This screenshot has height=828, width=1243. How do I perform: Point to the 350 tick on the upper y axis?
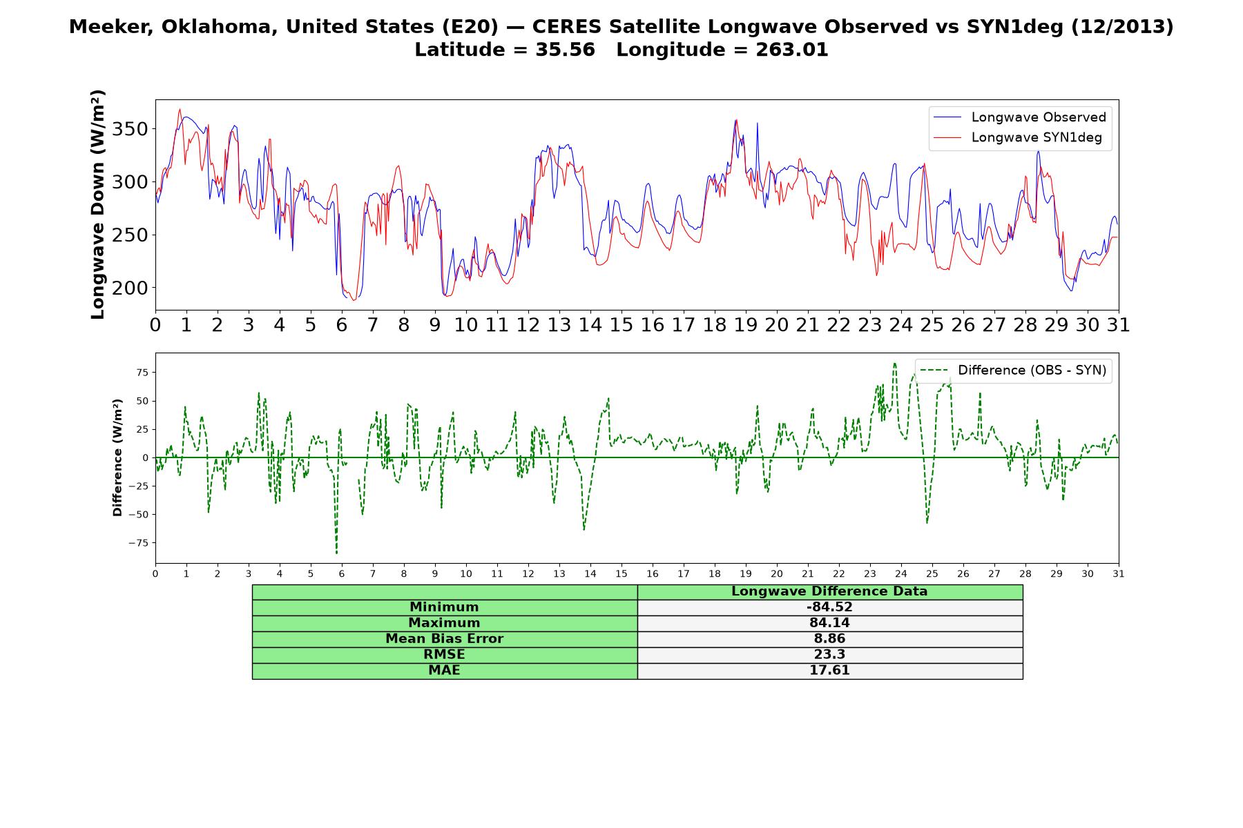[x=131, y=130]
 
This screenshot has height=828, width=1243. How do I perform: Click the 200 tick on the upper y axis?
[x=131, y=288]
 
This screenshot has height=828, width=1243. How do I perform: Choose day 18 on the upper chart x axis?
[x=715, y=325]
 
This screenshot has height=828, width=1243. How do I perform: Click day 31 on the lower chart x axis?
[x=1119, y=574]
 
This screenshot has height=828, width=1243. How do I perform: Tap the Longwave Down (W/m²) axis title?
[x=97, y=204]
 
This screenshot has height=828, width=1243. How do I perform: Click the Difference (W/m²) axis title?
[x=117, y=457]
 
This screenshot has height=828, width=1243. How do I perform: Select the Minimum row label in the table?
[x=444, y=607]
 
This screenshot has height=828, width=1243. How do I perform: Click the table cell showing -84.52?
[x=829, y=607]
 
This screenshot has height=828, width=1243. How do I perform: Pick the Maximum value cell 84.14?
[x=829, y=623]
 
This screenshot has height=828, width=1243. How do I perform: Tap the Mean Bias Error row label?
[x=444, y=639]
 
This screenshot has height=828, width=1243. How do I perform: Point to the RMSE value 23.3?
[x=829, y=655]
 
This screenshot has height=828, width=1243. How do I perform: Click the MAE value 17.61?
[x=829, y=671]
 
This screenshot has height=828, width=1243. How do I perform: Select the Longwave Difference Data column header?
[x=829, y=591]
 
